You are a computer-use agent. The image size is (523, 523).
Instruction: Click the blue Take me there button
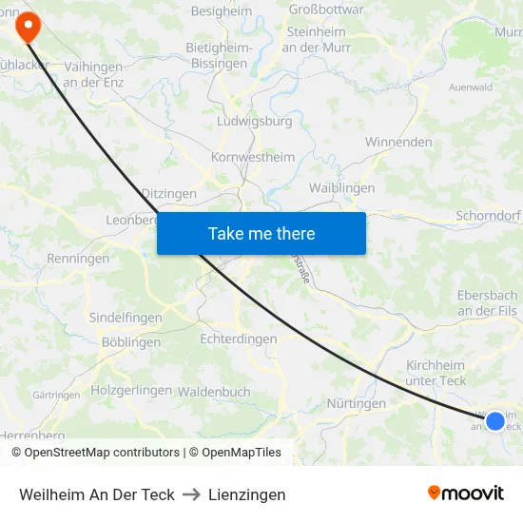point(261,233)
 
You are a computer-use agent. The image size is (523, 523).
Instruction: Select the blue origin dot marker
point(494,419)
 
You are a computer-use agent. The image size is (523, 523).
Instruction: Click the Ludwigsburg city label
point(255,122)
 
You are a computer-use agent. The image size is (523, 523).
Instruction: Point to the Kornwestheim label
point(253,157)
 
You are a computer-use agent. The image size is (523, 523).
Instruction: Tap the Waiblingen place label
point(342,188)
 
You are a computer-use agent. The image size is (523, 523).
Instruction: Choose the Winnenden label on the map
point(398,142)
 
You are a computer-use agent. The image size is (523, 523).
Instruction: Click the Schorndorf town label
point(488,216)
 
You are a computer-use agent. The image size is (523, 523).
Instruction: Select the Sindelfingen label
point(126,318)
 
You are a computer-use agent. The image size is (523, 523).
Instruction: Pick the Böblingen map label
point(131,342)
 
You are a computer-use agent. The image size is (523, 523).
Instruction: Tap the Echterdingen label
point(239,339)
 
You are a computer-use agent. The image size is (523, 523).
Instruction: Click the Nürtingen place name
point(356,403)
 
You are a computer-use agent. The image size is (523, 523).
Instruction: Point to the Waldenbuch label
point(214,391)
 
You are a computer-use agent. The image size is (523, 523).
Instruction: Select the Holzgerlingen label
point(131,390)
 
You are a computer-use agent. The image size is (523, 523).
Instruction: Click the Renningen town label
point(78,259)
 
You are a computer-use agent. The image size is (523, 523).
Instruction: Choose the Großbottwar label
point(325,10)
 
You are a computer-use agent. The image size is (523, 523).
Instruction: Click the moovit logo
point(466,493)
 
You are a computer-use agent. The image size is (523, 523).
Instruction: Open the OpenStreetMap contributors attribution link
point(102,453)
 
